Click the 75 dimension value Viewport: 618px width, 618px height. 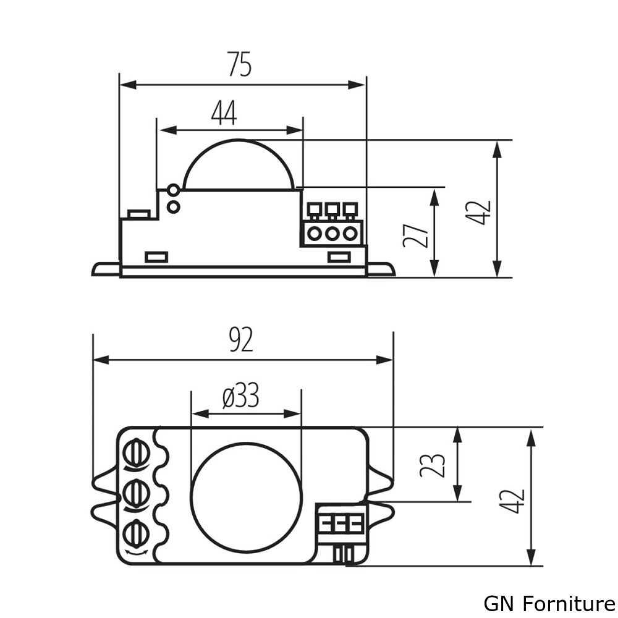click(x=240, y=64)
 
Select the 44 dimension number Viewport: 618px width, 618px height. click(x=224, y=113)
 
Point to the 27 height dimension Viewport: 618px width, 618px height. click(x=415, y=233)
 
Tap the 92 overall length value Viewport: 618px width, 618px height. click(x=241, y=340)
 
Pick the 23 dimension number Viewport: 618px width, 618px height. click(x=433, y=465)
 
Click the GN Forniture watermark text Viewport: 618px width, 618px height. click(x=549, y=603)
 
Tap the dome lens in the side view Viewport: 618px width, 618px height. click(x=239, y=166)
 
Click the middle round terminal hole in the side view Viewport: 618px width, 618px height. click(x=332, y=234)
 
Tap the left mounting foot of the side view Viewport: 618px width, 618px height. click(x=106, y=269)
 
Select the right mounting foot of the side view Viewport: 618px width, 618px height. click(x=381, y=269)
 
